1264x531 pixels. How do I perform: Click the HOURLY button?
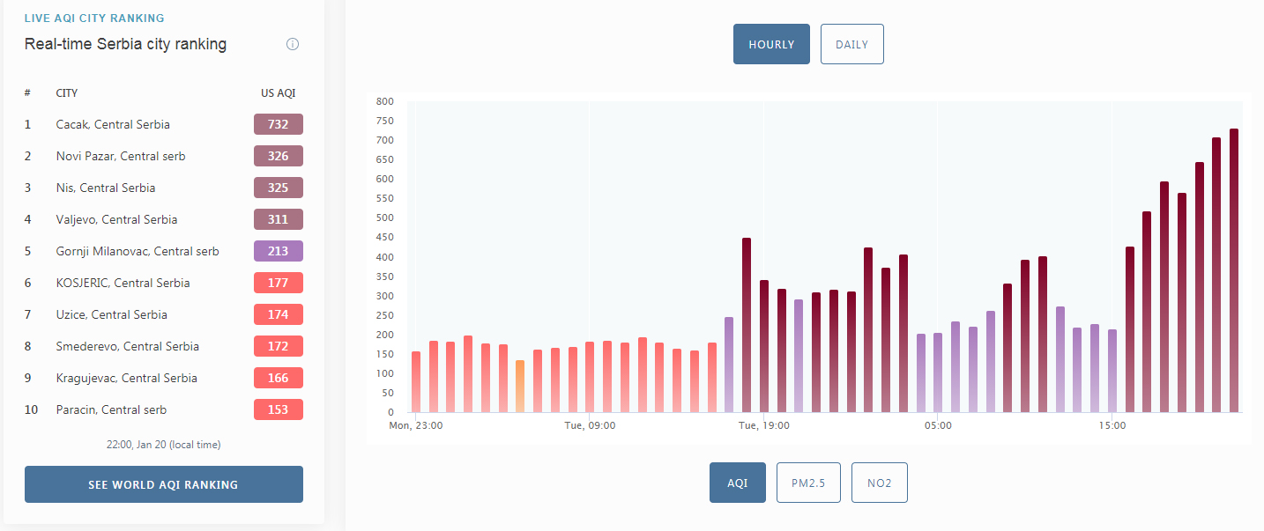[771, 44]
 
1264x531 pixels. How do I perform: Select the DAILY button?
[852, 44]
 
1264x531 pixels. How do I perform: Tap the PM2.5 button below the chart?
[808, 483]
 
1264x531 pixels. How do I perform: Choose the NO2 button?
[879, 483]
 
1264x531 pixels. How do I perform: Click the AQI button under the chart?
[738, 483]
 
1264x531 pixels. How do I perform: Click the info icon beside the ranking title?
[293, 44]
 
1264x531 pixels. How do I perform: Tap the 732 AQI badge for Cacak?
[279, 124]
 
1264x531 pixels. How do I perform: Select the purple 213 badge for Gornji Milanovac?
[279, 251]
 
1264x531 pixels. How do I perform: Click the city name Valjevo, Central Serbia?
[117, 219]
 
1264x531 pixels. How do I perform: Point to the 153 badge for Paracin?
[279, 409]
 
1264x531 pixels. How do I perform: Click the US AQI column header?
[279, 93]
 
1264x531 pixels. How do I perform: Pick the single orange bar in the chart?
[520, 386]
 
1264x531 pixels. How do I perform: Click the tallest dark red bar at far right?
[1234, 270]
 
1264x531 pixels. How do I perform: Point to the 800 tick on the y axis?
[385, 101]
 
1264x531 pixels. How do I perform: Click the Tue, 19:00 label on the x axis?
[764, 425]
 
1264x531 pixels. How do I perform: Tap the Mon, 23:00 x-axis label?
[416, 425]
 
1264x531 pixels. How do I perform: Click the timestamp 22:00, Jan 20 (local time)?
[164, 445]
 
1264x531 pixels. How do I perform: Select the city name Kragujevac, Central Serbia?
[126, 378]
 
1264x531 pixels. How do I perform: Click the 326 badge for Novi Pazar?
[279, 156]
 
